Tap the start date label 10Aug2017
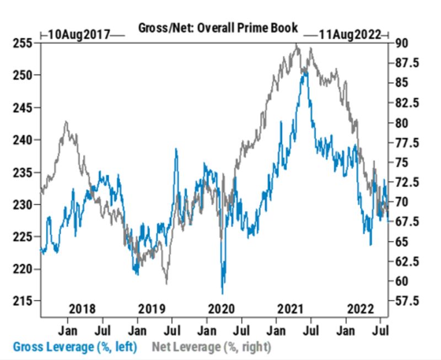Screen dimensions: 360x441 tap(79, 34)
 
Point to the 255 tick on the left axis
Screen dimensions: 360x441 tap(21, 43)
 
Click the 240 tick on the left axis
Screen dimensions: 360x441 tap(21, 140)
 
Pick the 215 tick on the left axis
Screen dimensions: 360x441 tap(21, 301)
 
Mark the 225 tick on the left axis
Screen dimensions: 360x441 tap(21, 237)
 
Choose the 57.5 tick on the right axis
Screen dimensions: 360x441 tap(407, 301)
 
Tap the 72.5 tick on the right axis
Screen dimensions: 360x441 tap(407, 182)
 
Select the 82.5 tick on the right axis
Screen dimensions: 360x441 tap(407, 103)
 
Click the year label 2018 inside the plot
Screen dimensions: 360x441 tap(82, 308)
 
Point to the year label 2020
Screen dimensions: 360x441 tap(221, 308)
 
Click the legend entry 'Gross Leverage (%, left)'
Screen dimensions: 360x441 tap(74, 347)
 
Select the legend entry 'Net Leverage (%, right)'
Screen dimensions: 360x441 tap(211, 347)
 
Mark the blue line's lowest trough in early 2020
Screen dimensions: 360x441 tap(222, 293)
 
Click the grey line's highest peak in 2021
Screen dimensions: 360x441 tap(297, 45)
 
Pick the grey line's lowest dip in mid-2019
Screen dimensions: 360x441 tap(166, 283)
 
